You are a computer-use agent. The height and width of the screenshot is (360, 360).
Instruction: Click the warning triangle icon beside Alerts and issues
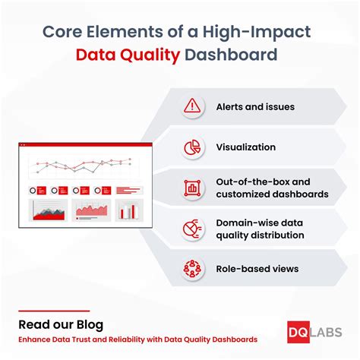[x=193, y=107]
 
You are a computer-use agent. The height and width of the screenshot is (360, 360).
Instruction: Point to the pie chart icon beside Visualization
[x=193, y=147]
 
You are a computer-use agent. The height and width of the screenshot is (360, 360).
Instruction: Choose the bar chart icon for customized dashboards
[x=193, y=188]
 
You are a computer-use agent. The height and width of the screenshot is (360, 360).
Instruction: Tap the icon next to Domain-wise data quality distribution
[x=193, y=228]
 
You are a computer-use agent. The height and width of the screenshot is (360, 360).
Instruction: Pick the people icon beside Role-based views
[x=193, y=268]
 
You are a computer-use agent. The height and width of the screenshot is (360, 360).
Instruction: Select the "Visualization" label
[x=245, y=147]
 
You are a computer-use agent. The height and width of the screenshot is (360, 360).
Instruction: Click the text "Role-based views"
[x=257, y=268]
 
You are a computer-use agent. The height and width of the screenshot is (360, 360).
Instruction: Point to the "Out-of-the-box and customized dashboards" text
[x=272, y=188]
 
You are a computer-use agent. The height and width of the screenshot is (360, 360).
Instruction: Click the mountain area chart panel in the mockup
[x=46, y=210]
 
